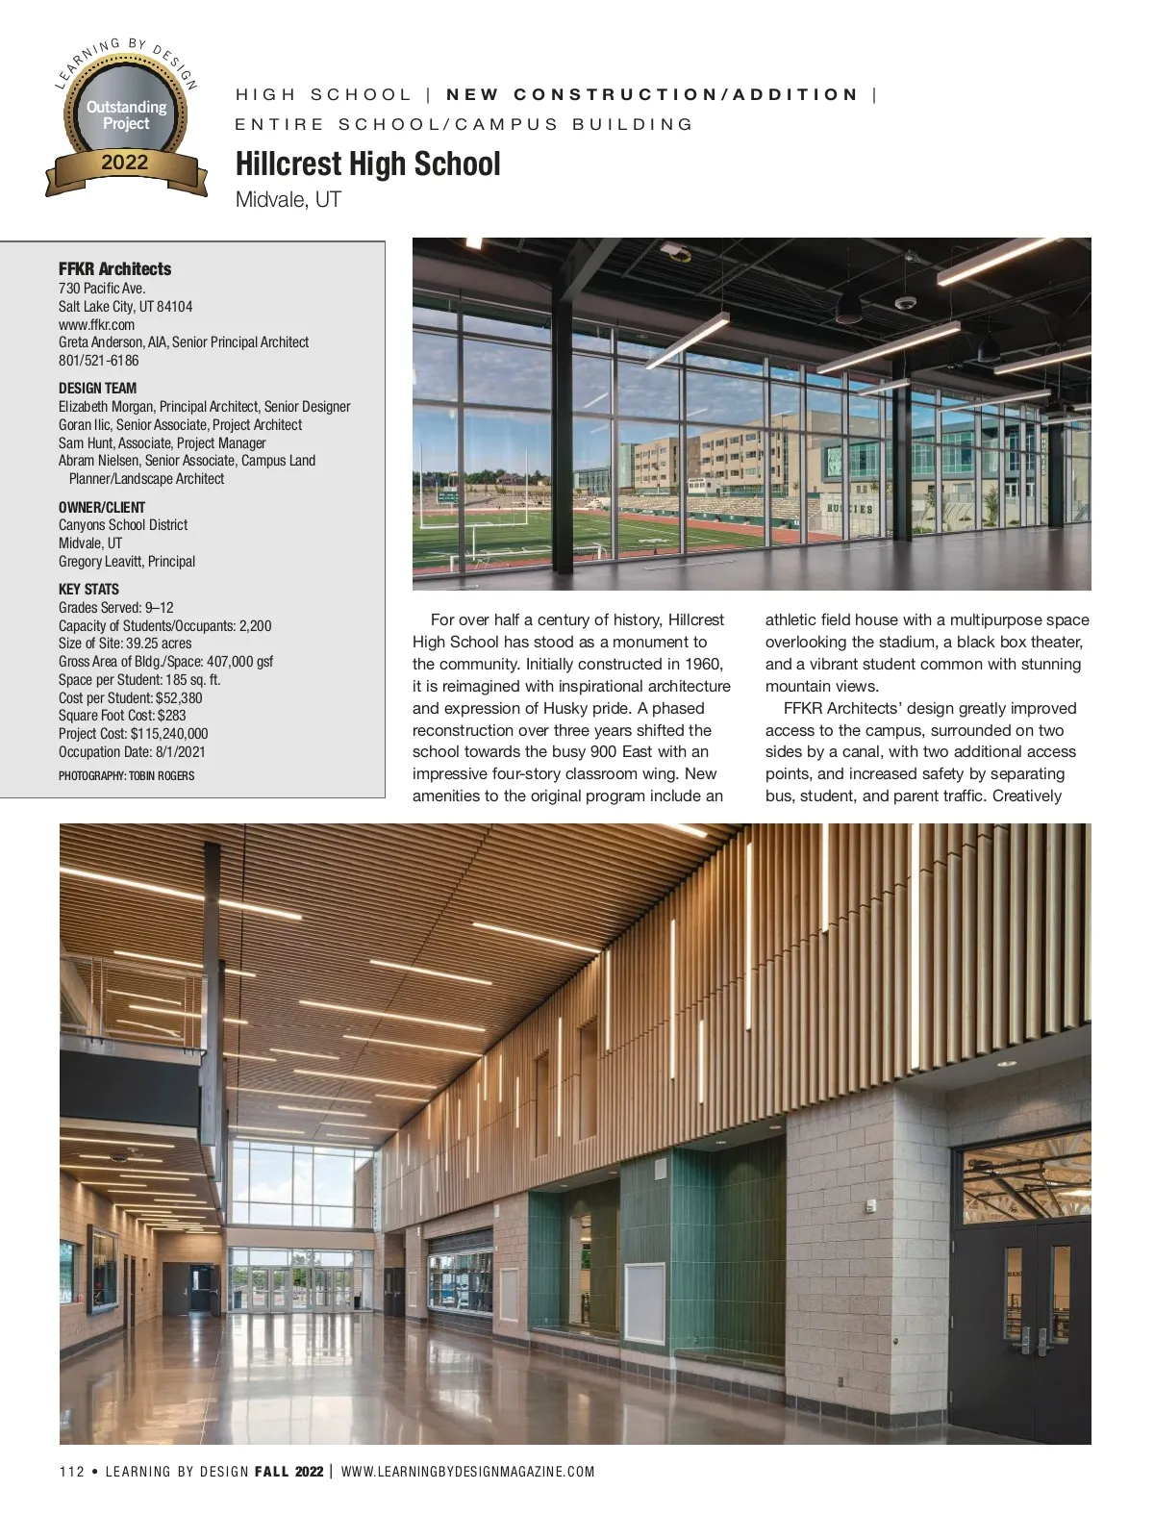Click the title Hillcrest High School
367,164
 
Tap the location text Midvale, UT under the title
288,200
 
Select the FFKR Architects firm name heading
114,269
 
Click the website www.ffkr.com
96,324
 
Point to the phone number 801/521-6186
98,361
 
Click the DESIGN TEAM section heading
97,389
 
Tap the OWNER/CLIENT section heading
102,507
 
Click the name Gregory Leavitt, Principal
126,562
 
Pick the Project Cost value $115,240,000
169,734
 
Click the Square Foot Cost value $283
171,716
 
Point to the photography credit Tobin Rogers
162,776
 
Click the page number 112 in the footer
71,1472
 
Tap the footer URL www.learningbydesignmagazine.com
467,1472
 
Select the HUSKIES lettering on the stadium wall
850,509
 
